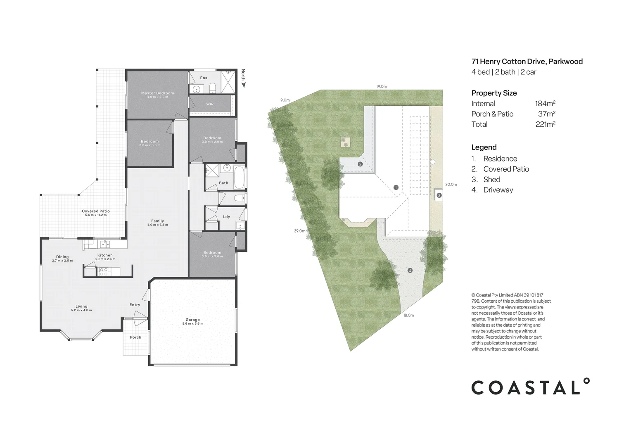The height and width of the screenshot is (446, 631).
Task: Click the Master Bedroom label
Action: [157, 93]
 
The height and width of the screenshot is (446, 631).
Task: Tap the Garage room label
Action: [192, 320]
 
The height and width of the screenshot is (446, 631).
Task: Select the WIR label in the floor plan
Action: [210, 104]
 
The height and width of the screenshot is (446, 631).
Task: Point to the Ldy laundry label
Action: [226, 217]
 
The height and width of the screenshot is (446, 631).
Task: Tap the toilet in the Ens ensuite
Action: [212, 88]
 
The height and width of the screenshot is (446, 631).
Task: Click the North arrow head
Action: [243, 85]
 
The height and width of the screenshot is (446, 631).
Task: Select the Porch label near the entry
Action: [135, 337]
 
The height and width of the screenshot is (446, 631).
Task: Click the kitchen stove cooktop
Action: [103, 271]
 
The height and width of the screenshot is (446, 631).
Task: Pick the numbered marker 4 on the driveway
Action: [410, 270]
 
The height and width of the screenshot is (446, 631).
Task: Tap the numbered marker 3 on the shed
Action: [439, 195]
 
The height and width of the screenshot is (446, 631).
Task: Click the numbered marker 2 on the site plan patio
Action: [360, 164]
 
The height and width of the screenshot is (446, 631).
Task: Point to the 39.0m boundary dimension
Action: [299, 231]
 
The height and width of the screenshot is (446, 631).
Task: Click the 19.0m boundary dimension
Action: [381, 87]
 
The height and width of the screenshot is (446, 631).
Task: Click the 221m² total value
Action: [545, 124]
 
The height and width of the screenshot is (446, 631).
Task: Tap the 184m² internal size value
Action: [545, 104]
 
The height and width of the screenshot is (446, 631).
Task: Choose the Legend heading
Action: [484, 147]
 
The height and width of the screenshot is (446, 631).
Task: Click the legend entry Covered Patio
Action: [506, 169]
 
